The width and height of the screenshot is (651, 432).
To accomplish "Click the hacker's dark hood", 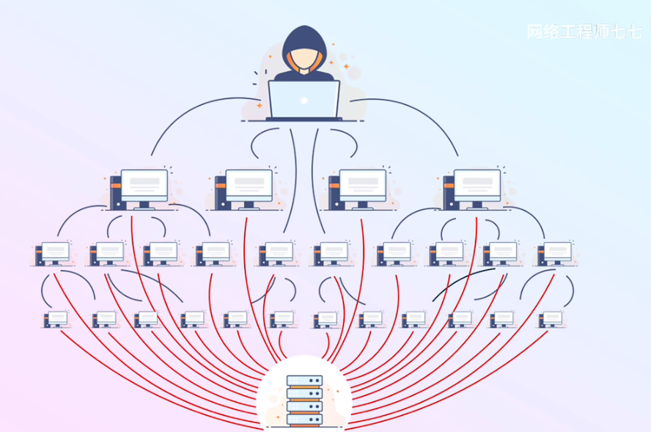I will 304,38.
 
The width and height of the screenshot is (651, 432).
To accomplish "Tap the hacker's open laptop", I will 304,99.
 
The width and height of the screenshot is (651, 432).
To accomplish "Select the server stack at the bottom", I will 304,400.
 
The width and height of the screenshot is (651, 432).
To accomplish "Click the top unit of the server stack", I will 304,381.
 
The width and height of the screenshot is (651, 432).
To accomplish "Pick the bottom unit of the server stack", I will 304,420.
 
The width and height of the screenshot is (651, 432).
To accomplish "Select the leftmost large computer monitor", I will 144,184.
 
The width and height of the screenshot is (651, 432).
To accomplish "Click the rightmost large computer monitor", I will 477,184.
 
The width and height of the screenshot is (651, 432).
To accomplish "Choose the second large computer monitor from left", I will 249,184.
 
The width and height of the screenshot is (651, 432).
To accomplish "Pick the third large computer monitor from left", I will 362,184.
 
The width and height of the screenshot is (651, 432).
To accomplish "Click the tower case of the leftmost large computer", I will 116,191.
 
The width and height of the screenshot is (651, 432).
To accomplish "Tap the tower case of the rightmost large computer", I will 449,191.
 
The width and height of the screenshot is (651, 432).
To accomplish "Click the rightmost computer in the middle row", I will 555,253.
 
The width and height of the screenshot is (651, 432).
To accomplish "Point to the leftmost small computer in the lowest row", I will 56,319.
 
